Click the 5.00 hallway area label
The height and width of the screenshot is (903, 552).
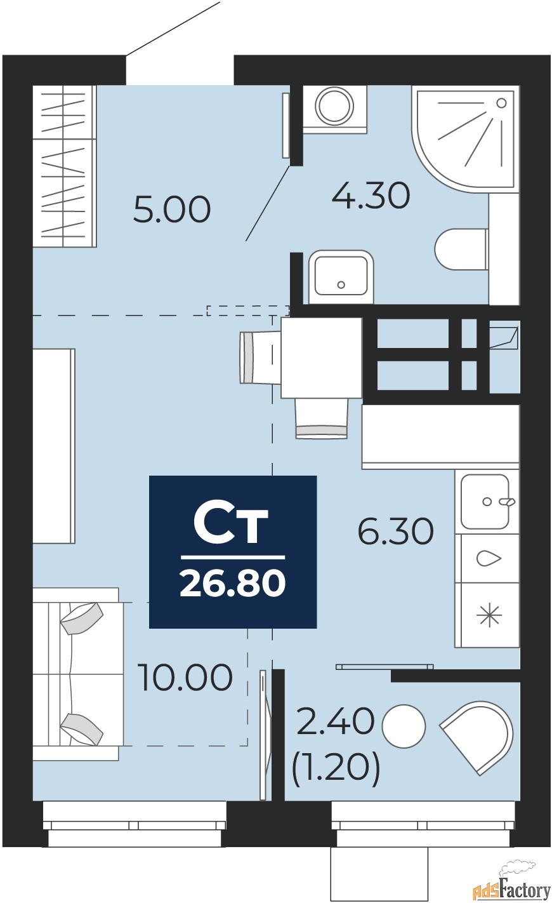(172, 210)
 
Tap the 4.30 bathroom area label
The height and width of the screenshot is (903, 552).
(371, 196)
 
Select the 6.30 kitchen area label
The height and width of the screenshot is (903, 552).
(396, 531)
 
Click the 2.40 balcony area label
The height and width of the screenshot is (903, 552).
(335, 722)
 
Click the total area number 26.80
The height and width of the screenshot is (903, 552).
(233, 584)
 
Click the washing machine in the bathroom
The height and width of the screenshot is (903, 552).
(335, 109)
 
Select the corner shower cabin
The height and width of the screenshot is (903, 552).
(463, 138)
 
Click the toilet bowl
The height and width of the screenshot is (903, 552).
(462, 249)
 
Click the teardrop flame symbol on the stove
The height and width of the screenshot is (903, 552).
(489, 559)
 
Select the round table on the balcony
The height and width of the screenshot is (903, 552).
(404, 725)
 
